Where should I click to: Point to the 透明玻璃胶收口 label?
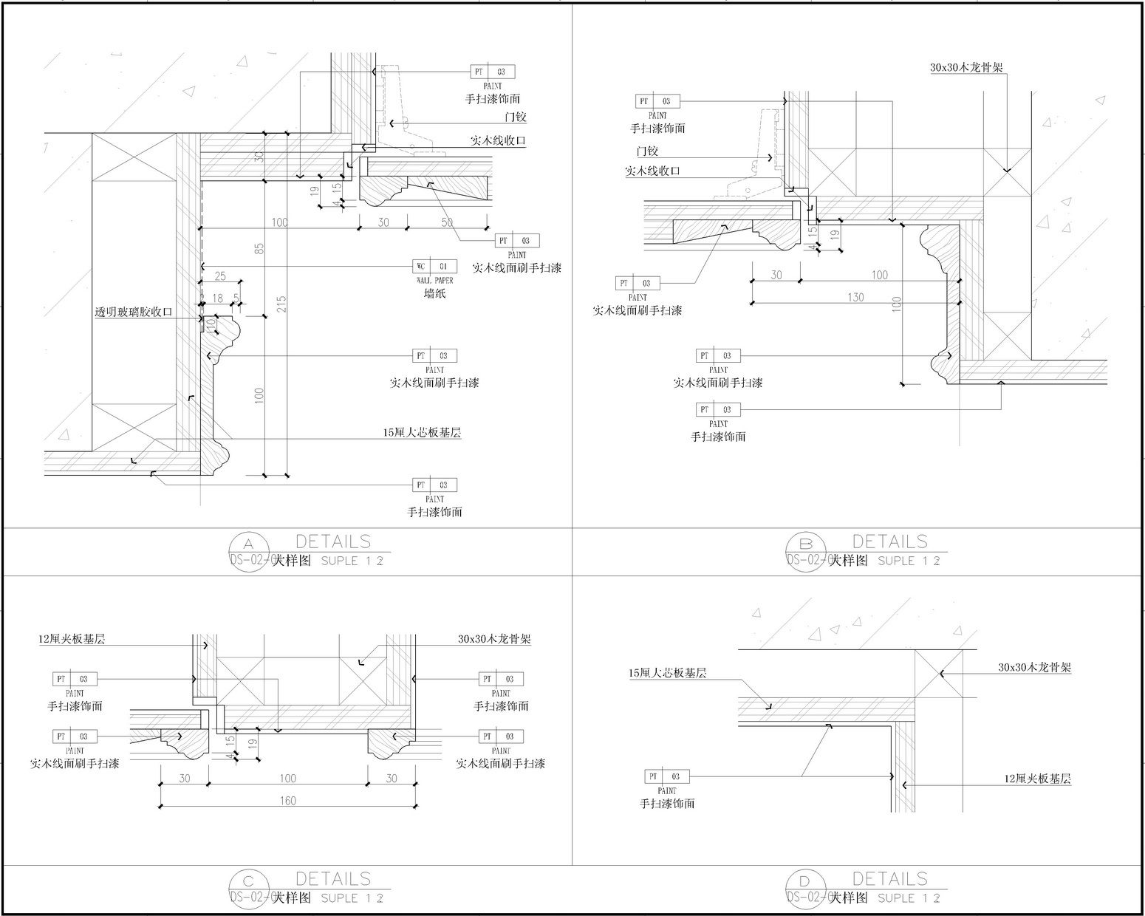point(134,312)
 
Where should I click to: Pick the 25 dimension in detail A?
point(220,276)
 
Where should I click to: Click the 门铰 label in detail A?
point(516,117)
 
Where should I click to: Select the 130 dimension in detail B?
point(855,297)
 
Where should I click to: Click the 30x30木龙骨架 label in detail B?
point(966,67)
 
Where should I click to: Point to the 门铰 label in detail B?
point(648,151)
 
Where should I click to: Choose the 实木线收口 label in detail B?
point(652,171)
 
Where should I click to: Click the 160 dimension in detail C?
point(288,801)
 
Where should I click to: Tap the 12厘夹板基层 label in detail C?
point(72,639)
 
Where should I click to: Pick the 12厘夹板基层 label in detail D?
point(1038,779)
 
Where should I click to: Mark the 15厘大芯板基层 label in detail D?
point(667,673)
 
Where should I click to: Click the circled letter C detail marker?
point(248,881)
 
